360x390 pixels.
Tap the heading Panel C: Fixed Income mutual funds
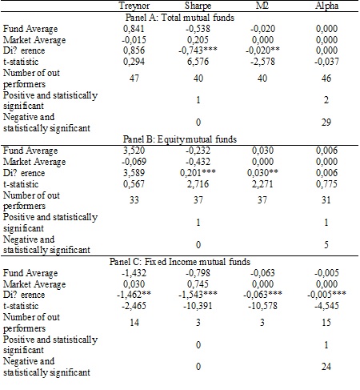(x=179, y=262)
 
